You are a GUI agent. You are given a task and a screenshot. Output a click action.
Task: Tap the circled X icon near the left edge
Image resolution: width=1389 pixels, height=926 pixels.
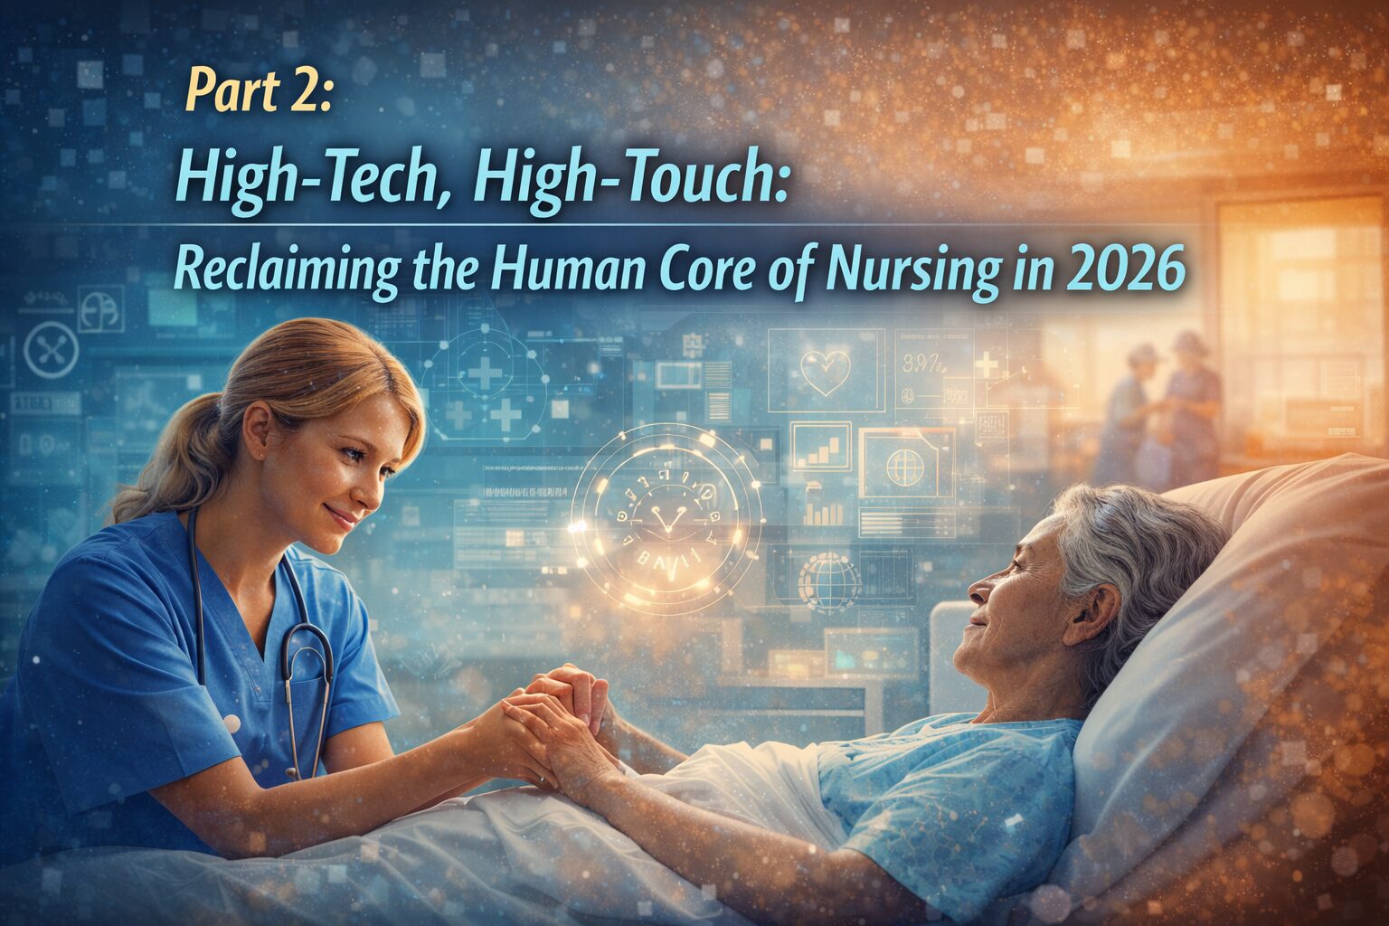[50, 350]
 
